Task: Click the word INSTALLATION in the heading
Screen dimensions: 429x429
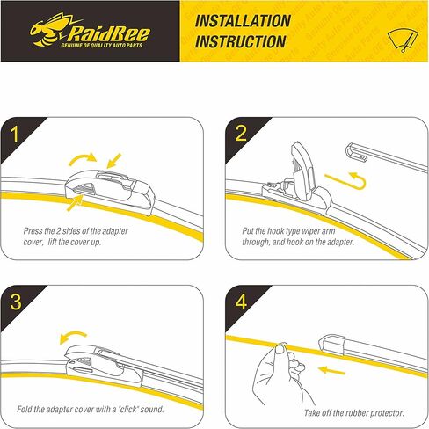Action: click(243, 20)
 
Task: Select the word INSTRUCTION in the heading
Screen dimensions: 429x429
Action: click(240, 41)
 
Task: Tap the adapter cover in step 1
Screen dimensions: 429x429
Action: click(108, 185)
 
